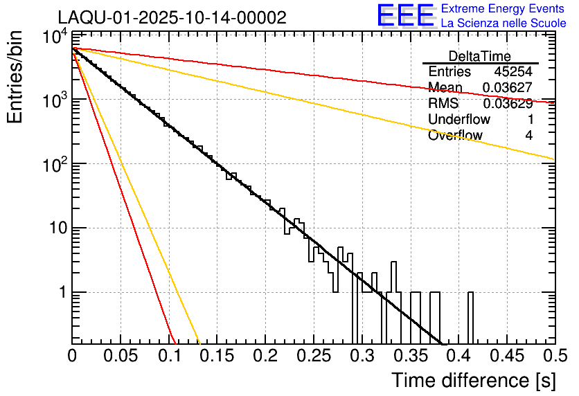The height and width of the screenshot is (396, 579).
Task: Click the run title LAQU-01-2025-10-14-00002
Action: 172,18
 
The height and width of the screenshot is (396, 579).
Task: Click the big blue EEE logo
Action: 405,15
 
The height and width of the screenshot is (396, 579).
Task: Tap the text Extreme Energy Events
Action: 504,9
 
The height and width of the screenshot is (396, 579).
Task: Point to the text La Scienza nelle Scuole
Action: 504,23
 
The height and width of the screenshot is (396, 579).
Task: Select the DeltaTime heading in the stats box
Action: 480,56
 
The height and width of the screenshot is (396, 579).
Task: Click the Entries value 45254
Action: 513,72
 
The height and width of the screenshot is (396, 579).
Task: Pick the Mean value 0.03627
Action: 507,88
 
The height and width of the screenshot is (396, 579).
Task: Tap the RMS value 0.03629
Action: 507,104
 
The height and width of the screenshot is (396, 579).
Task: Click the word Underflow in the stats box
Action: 459,120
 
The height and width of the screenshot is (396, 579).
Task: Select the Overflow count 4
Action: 528,136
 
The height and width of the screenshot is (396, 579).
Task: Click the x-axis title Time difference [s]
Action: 472,380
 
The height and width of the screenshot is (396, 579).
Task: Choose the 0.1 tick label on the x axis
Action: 169,356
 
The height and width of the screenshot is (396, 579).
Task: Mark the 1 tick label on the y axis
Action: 61,292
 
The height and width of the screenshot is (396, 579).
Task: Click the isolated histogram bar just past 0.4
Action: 470,318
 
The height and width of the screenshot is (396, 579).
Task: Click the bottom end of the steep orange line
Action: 199,342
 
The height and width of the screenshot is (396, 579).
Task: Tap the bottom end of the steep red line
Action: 175,342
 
